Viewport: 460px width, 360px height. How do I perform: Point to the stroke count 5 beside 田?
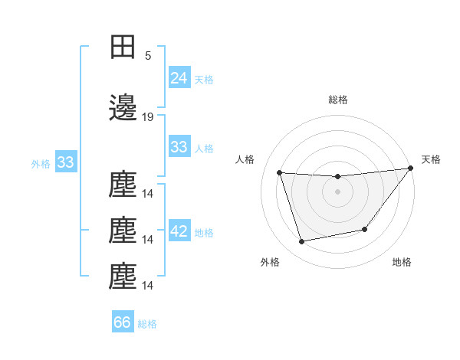[148, 55]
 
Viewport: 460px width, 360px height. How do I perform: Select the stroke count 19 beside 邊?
[149, 117]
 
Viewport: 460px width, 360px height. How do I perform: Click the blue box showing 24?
[179, 77]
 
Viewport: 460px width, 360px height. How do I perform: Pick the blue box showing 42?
[179, 231]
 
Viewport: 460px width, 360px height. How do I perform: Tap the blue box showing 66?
[123, 322]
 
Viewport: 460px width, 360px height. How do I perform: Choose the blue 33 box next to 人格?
[179, 147]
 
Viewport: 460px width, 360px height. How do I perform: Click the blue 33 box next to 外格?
[65, 162]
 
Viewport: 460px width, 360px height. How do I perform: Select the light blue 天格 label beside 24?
[203, 79]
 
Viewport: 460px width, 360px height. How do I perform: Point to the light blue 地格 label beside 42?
[204, 233]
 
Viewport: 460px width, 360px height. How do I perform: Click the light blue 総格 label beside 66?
[147, 324]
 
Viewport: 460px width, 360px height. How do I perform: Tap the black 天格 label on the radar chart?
[431, 159]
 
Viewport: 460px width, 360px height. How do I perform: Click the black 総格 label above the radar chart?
[337, 100]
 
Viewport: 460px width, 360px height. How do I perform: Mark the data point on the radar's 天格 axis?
[410, 169]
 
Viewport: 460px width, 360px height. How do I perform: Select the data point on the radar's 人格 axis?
[280, 173]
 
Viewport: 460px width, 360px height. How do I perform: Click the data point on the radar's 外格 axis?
[302, 241]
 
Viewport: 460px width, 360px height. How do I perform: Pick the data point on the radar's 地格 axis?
[365, 229]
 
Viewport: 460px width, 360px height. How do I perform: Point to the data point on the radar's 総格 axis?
[337, 177]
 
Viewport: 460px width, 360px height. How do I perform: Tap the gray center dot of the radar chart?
[337, 191]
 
